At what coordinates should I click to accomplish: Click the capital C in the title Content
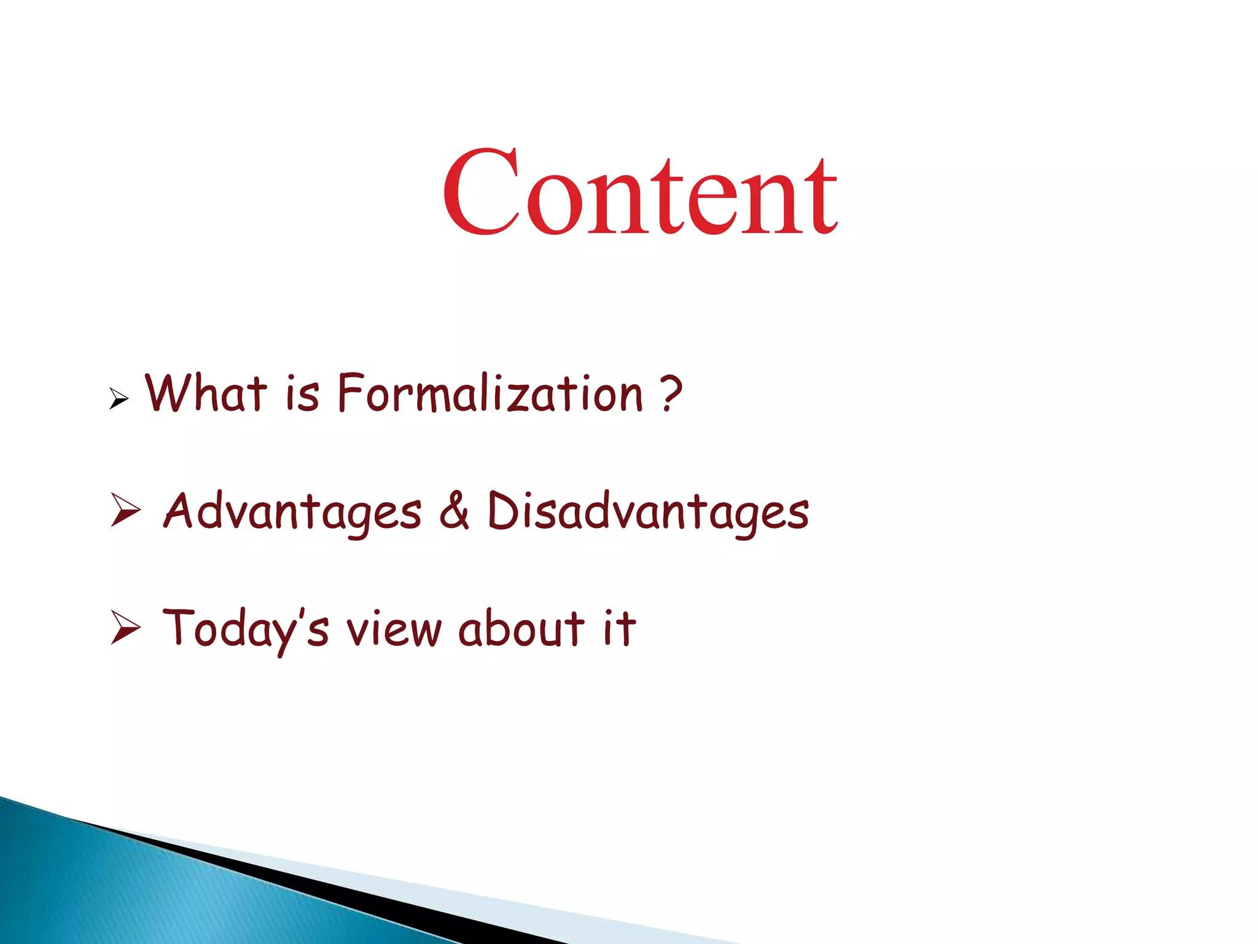pyautogui.click(x=482, y=192)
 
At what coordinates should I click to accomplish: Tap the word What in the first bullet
pyautogui.click(x=206, y=393)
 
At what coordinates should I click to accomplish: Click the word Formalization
pyautogui.click(x=490, y=395)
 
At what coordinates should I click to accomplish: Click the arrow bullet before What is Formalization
pyautogui.click(x=119, y=399)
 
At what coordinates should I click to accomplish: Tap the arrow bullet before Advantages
pyautogui.click(x=126, y=509)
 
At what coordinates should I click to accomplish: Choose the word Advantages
pyautogui.click(x=292, y=512)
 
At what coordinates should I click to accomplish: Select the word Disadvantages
pyautogui.click(x=648, y=512)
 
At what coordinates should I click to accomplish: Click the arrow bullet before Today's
pyautogui.click(x=126, y=627)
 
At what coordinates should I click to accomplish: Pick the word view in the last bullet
pyautogui.click(x=394, y=629)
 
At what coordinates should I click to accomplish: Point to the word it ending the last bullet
pyautogui.click(x=619, y=628)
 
